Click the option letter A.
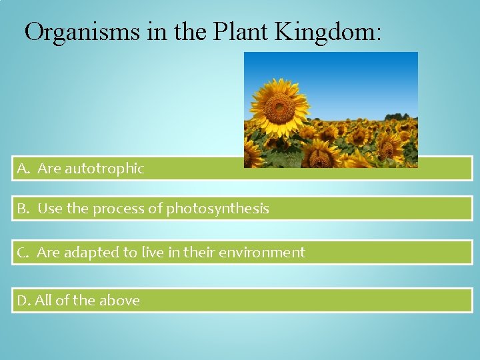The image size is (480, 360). pyautogui.click(x=23, y=169)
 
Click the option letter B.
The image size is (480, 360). pyautogui.click(x=23, y=209)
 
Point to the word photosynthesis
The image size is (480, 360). pyautogui.click(x=217, y=209)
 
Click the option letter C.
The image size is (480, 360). pyautogui.click(x=23, y=253)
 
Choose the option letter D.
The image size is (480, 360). pyautogui.click(x=23, y=301)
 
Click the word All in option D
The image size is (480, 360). pyautogui.click(x=43, y=301)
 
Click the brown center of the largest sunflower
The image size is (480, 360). pyautogui.click(x=279, y=109)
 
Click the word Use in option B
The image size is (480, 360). pyautogui.click(x=49, y=209)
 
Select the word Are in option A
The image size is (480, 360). pyautogui.click(x=49, y=169)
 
